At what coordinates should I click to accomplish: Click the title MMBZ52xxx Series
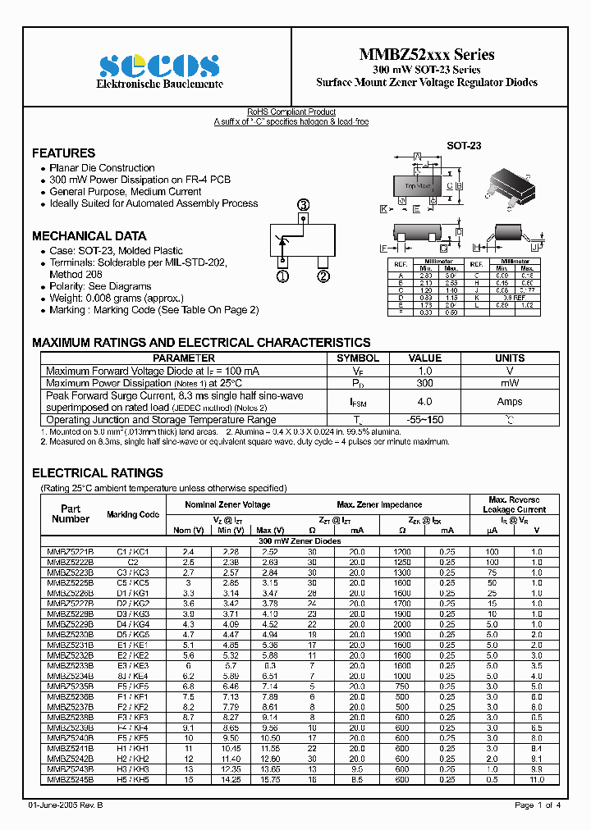tap(427, 55)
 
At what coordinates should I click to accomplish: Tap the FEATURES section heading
tap(63, 153)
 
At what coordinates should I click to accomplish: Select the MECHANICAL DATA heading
tap(89, 235)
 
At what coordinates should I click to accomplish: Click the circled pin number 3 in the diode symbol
tap(304, 205)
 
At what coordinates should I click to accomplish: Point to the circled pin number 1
tap(283, 276)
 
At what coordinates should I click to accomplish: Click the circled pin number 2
tap(323, 276)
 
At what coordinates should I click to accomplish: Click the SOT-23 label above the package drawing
tap(464, 145)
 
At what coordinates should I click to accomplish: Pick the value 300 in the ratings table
tap(425, 383)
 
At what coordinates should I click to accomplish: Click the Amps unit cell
tap(510, 401)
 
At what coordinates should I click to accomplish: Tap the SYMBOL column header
tap(358, 358)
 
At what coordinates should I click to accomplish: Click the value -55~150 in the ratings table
tap(425, 420)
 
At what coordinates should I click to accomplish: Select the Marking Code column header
tap(133, 514)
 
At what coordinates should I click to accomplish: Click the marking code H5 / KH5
tap(133, 779)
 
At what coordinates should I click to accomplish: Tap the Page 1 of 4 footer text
tap(538, 805)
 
